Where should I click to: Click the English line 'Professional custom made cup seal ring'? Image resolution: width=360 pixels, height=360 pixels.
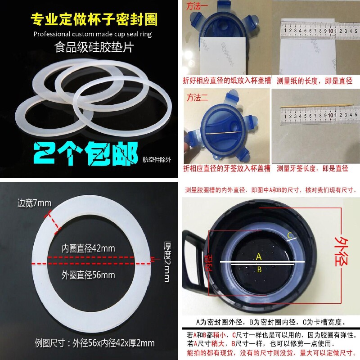[93, 34]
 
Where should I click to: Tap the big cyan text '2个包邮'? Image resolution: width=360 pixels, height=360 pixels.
[86, 154]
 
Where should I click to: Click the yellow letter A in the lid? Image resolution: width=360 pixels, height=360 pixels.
[258, 256]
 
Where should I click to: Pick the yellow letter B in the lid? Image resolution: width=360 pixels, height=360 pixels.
[259, 270]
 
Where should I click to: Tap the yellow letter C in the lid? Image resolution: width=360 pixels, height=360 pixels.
[290, 235]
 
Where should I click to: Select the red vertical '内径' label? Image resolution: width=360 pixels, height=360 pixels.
[207, 262]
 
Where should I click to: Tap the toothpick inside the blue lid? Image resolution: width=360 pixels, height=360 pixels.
[220, 135]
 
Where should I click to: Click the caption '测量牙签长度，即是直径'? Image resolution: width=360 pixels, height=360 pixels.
[312, 169]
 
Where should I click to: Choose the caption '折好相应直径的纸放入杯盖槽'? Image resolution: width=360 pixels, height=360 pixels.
[225, 81]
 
